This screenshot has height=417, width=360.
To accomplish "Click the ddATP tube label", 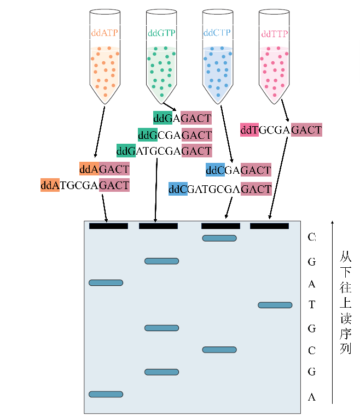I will point(104,33).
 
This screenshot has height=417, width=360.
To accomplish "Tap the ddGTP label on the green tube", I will point(161,33).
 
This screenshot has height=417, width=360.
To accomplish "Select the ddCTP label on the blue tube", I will point(217,33).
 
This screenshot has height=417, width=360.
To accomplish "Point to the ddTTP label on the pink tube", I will point(275,33).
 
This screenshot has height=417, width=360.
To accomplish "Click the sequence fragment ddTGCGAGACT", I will point(281,130).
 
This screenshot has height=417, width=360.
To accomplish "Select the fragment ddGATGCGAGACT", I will point(164,150).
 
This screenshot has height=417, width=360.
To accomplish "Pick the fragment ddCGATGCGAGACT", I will point(220,190).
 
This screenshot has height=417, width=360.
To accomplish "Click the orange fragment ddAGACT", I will point(104,169).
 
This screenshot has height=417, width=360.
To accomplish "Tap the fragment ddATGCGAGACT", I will point(85,185).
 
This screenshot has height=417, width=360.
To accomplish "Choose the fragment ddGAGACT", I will point(182,118).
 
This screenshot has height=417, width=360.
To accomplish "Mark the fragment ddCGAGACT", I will point(239,171).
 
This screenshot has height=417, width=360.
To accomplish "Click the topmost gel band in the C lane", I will point(219,238).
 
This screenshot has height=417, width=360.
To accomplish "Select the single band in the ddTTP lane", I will point(275,305).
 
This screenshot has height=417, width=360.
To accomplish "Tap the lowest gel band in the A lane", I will point(106,394).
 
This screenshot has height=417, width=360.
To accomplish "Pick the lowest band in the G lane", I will point(162,372).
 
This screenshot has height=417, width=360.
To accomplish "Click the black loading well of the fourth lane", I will point(269,226).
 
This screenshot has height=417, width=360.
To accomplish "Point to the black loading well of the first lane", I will point(108,226).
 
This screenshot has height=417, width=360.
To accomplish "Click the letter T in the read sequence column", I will point(312,305).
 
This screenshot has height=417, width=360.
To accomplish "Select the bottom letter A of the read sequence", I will point(312,397).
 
